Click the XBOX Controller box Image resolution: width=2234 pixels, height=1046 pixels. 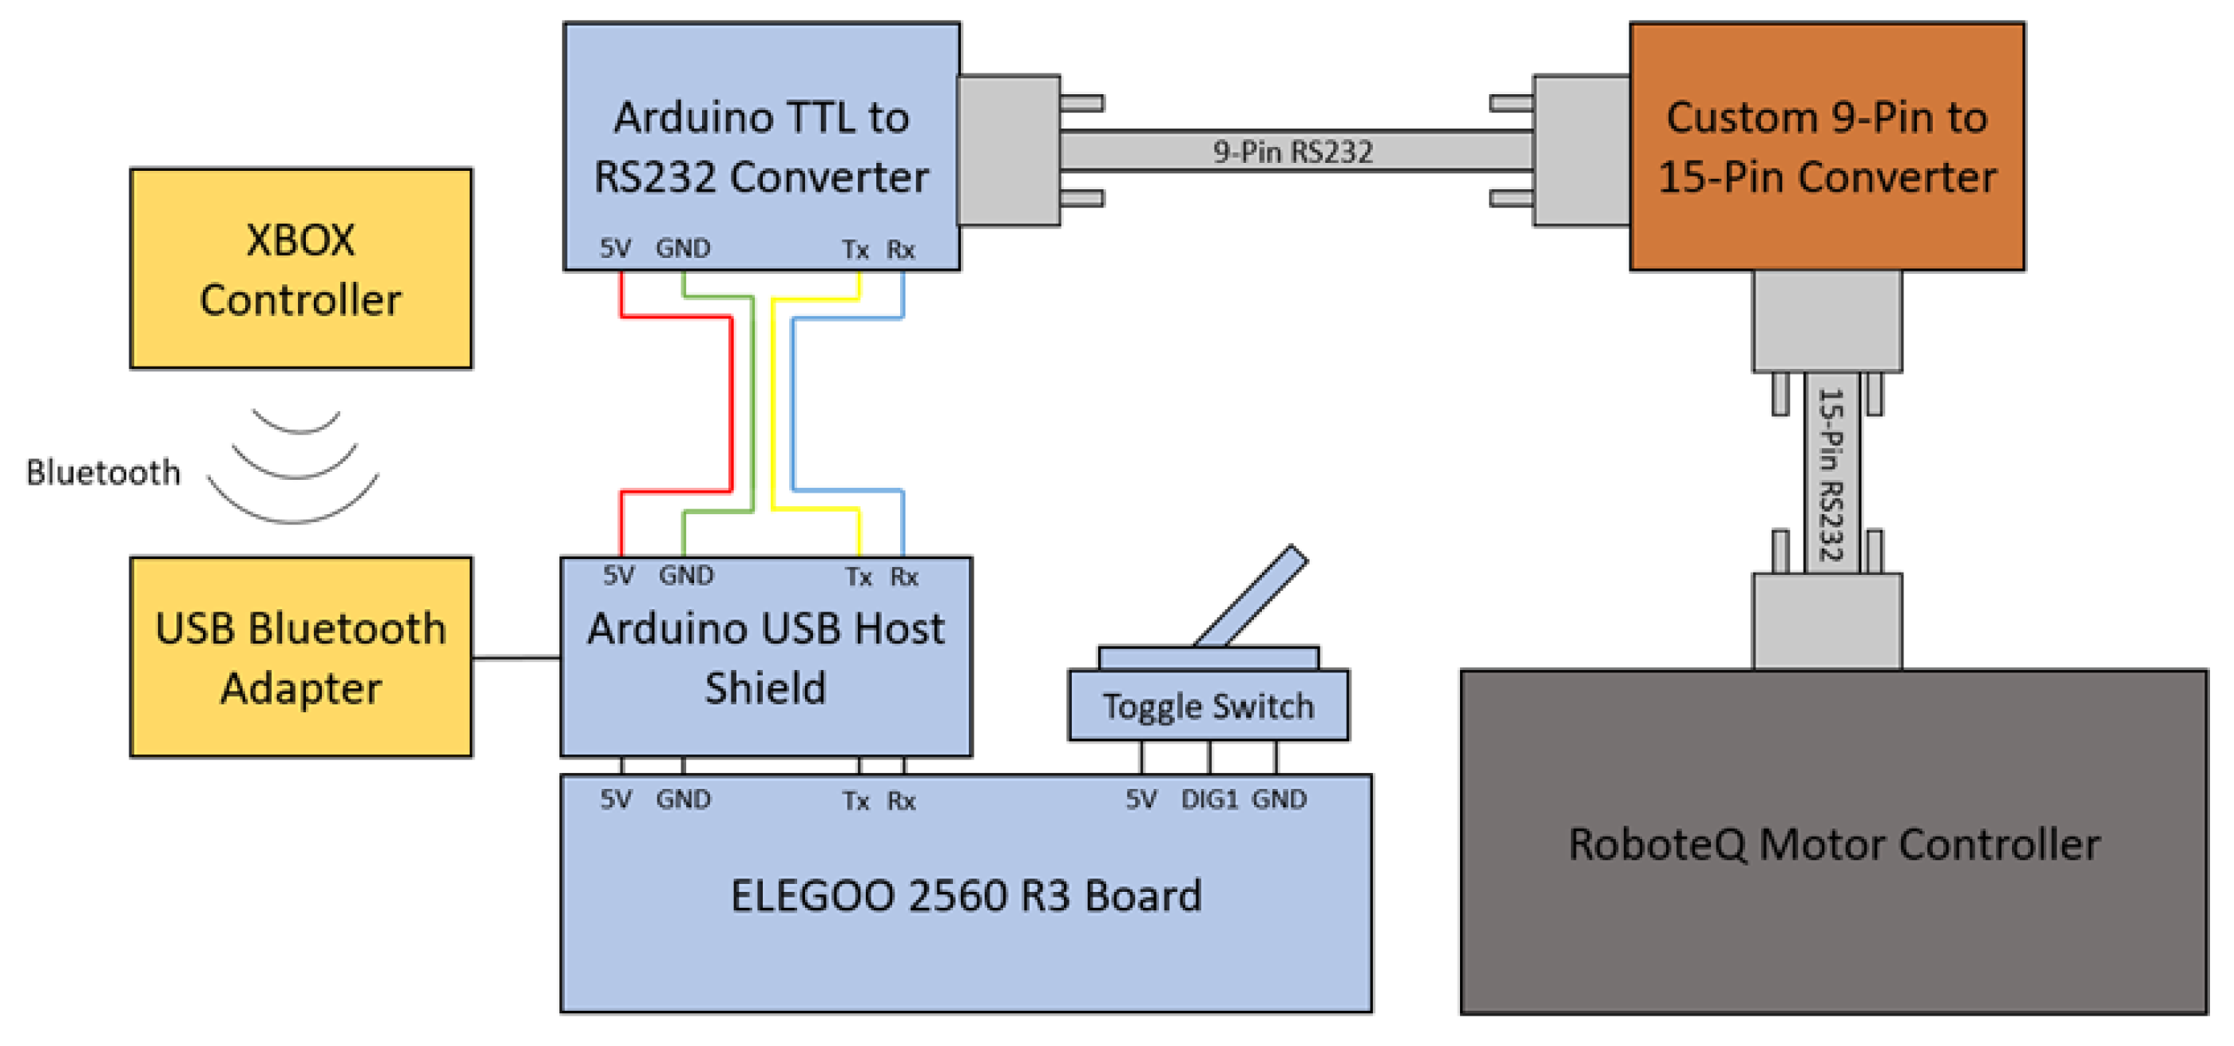[300, 269]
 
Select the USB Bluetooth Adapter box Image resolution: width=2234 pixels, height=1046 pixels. [300, 657]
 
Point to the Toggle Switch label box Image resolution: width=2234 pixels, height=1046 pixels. [1208, 706]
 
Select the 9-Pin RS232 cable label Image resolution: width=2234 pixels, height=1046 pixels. [1292, 152]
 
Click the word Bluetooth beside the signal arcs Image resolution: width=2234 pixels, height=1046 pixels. [103, 473]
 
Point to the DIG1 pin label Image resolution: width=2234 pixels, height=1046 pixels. [1209, 798]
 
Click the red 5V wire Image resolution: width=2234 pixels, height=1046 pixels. [731, 403]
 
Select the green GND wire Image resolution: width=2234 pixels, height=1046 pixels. [752, 403]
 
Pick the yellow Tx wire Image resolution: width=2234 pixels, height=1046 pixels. [772, 403]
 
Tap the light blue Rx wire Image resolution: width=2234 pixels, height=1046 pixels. [793, 403]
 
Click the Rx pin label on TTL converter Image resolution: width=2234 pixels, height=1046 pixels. [900, 250]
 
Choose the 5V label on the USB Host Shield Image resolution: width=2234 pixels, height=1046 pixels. [618, 575]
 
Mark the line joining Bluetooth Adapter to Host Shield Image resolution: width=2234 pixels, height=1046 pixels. [516, 657]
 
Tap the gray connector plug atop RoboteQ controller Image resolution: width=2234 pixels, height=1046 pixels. [1827, 620]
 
